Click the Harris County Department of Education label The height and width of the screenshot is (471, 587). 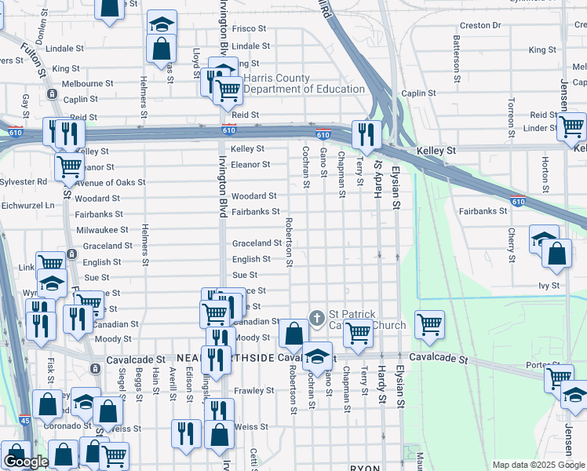pos(304,84)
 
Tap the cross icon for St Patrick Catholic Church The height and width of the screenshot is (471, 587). pos(316,319)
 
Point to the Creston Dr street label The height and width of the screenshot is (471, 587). pos(479,25)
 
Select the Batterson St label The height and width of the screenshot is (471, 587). pos(456,59)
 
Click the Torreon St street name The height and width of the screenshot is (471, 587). pos(511,115)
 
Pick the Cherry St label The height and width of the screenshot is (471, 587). pos(511,246)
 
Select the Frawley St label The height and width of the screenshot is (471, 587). pos(253,390)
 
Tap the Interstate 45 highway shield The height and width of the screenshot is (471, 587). pos(25,421)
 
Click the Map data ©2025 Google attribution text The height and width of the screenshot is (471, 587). pos(538,465)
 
